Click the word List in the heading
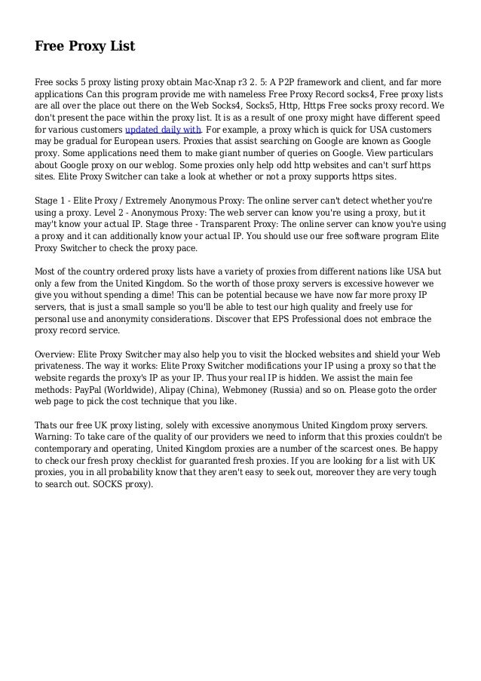pyautogui.click(x=121, y=47)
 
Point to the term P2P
pyautogui.click(x=302, y=81)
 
